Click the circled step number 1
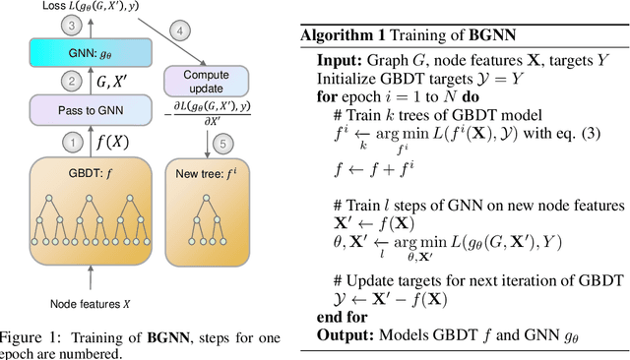[x=70, y=143]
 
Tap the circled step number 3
[x=70, y=23]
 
